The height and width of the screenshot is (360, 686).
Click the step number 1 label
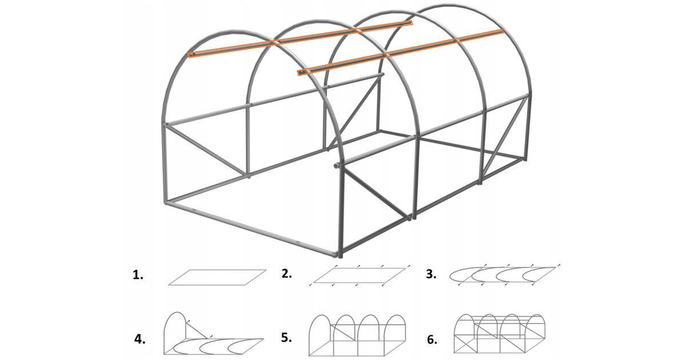coord(138,275)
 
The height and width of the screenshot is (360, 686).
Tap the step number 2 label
coord(286,274)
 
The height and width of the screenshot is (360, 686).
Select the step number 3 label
coord(431,274)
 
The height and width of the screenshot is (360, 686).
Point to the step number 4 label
coord(139,339)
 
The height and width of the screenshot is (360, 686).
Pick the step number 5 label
coord(286,338)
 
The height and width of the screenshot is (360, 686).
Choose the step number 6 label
coord(432,339)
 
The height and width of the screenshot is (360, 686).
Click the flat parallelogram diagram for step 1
coord(217,277)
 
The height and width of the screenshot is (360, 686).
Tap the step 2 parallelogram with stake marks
coord(360,275)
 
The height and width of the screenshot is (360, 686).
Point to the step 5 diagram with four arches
coord(357,335)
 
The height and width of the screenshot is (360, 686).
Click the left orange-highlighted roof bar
coord(300,39)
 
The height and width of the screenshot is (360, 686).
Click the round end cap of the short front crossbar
coord(336,166)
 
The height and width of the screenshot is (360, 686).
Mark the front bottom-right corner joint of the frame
coord(340,254)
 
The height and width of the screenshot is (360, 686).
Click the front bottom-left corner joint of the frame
coord(166,202)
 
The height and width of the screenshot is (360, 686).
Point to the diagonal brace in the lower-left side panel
coord(207,150)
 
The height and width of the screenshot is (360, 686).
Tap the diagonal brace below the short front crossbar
coord(376,195)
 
